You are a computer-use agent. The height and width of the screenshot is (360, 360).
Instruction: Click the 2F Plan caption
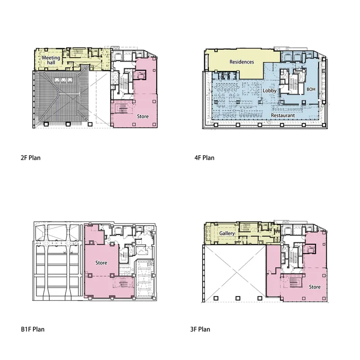click(x=31, y=158)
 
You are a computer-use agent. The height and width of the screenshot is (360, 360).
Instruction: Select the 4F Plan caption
click(x=204, y=158)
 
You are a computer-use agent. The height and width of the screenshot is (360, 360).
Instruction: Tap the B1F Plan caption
click(x=32, y=329)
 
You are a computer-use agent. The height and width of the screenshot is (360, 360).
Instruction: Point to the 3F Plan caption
click(x=200, y=329)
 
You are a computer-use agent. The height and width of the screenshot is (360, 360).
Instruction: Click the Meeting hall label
click(x=51, y=60)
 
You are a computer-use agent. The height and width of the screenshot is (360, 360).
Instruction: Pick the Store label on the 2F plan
click(x=143, y=117)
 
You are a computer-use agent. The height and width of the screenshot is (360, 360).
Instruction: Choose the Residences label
click(x=242, y=62)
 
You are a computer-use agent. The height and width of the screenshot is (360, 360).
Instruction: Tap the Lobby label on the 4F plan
click(x=270, y=91)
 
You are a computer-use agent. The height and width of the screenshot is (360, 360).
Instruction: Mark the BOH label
click(x=311, y=89)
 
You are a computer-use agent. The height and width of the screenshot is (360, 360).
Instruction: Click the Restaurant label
click(x=283, y=115)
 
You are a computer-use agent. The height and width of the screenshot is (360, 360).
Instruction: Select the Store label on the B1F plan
click(x=101, y=263)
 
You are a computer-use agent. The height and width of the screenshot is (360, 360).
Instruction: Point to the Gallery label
click(x=227, y=233)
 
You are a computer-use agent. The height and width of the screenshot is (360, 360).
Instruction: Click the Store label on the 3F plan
click(x=315, y=287)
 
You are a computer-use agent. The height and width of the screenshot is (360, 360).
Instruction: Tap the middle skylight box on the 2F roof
click(x=63, y=80)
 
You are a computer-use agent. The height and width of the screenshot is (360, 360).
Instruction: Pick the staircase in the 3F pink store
click(x=294, y=282)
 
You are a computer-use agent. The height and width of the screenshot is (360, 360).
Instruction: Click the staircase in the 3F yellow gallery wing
click(x=245, y=227)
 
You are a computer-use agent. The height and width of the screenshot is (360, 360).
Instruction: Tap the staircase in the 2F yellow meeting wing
click(x=77, y=53)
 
